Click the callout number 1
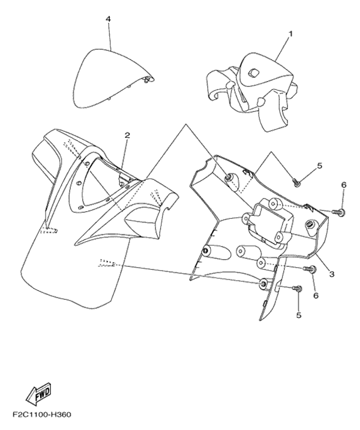coord(290,34)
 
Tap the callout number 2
coord(127,135)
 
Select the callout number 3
coord(332,273)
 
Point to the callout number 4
coord(109,19)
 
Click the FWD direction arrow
coord(38,395)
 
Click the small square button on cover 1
coord(252,65)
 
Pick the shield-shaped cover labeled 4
coord(113,77)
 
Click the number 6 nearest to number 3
coord(316,295)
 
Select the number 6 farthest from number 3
coord(344,185)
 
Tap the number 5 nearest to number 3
coord(299,315)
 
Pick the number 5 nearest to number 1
coord(320,166)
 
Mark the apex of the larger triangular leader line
coord(186,124)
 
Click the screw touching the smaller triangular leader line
coord(296,182)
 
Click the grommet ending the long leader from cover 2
coord(263,284)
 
